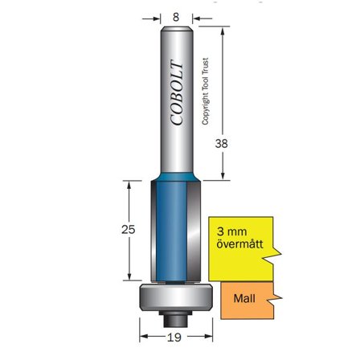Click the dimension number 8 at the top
[176, 14]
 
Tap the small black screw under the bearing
[175, 316]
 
